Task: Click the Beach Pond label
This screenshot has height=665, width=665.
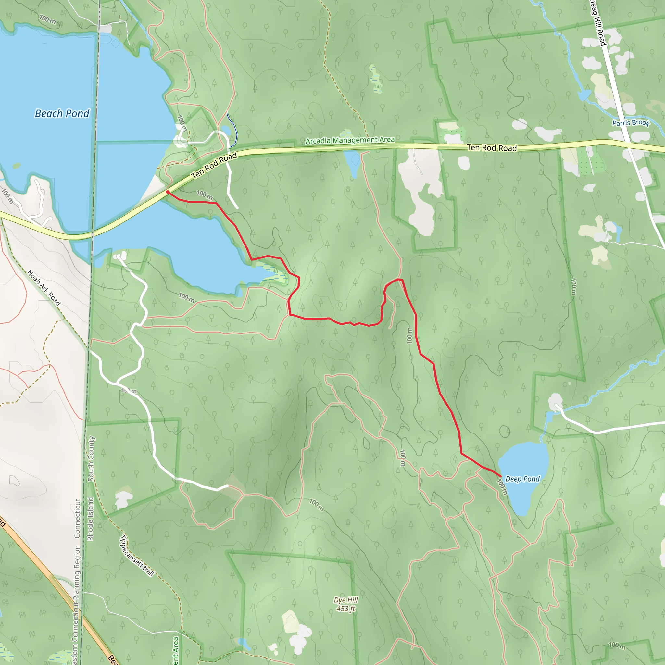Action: click(x=62, y=113)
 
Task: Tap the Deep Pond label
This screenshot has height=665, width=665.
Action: click(x=522, y=479)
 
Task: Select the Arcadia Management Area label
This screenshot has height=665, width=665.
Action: click(x=350, y=140)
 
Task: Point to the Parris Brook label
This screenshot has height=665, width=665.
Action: click(x=631, y=123)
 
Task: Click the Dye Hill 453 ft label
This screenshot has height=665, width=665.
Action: click(x=346, y=604)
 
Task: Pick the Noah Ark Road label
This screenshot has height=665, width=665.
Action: click(x=44, y=288)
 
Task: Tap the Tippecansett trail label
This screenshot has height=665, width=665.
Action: click(x=137, y=556)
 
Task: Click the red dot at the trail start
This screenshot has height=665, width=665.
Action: click(x=167, y=192)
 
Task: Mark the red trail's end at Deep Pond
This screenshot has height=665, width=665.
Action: click(x=500, y=476)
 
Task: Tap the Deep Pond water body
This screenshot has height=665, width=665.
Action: click(x=525, y=461)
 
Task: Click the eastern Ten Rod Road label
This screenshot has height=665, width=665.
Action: click(x=492, y=148)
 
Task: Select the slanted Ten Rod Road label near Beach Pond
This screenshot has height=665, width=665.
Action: click(x=214, y=166)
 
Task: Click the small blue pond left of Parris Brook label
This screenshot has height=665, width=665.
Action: click(x=584, y=95)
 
